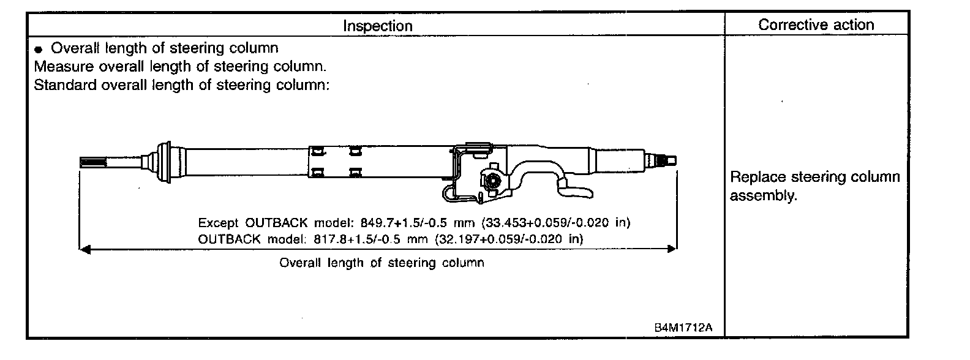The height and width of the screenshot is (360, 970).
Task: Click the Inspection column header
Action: click(x=377, y=26)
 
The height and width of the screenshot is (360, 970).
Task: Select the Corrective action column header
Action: click(x=816, y=24)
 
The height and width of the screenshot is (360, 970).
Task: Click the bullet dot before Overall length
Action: click(x=39, y=49)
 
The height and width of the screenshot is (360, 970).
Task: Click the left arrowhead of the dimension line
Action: click(x=85, y=249)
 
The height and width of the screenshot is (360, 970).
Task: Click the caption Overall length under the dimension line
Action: click(x=382, y=263)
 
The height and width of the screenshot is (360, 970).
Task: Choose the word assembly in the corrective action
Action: click(x=763, y=196)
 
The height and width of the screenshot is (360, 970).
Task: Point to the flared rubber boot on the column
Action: click(x=162, y=162)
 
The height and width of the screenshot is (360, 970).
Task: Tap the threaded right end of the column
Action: click(x=664, y=160)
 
